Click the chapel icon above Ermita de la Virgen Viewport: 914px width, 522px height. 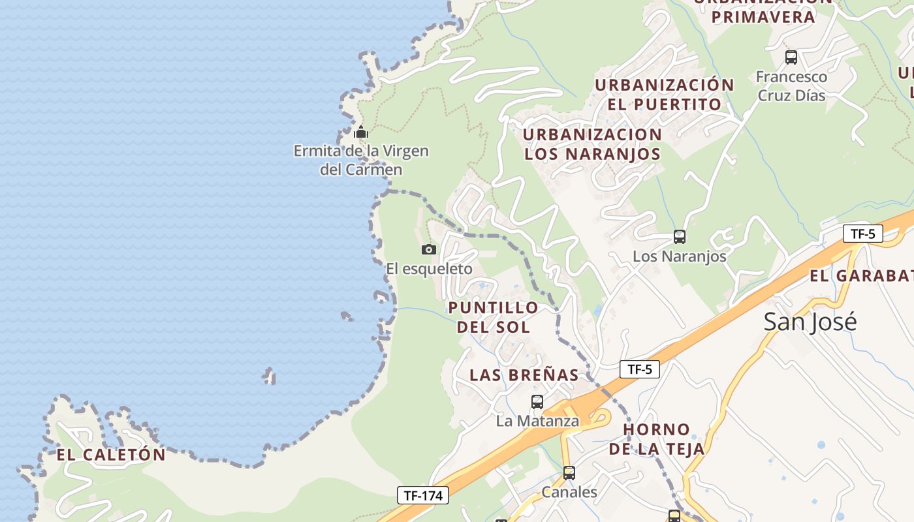pos(361,132)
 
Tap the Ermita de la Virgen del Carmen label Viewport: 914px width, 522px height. pos(361,161)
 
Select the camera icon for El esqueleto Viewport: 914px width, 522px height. pos(429,249)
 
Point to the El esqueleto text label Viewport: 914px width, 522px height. pos(429,269)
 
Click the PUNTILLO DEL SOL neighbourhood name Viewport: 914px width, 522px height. pos(493,317)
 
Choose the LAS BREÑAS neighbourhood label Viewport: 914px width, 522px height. pos(524,375)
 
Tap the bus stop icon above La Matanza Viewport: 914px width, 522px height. pos(537,402)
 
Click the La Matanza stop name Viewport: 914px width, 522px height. pos(537,421)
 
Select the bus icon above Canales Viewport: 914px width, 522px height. pos(569,473)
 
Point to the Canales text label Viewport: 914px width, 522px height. pos(569,492)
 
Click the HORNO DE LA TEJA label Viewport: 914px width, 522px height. pos(657,439)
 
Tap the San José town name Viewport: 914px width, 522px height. pos(810,322)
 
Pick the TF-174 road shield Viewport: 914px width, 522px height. pos(423,496)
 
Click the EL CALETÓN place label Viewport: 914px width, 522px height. pos(111,455)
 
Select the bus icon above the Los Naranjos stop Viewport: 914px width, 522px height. pos(680,237)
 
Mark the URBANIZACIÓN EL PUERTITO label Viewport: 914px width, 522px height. pos(665,95)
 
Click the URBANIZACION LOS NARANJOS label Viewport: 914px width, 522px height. pos(593,144)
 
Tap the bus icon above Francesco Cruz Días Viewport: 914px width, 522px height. pos(791,57)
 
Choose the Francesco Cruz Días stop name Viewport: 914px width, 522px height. pos(791,86)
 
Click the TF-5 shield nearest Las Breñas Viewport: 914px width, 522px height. pos(640,369)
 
